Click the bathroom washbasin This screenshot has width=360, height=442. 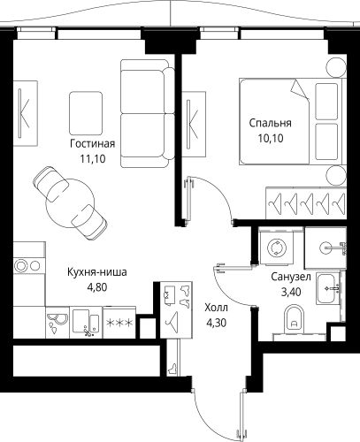[328, 286]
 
